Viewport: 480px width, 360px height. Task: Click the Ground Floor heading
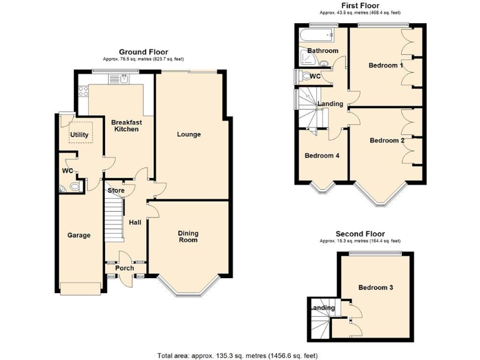(x=143, y=52)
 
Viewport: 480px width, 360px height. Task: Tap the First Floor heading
(x=360, y=5)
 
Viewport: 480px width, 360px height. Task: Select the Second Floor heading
(x=360, y=233)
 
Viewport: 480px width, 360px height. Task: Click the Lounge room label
(x=189, y=134)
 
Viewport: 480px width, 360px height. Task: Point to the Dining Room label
(x=188, y=237)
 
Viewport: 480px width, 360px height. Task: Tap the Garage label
(x=79, y=236)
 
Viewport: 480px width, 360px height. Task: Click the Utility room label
(x=79, y=134)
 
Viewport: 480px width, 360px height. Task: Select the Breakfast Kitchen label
(x=126, y=126)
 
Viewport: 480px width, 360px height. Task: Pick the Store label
(x=116, y=191)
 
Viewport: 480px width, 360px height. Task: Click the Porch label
(x=124, y=268)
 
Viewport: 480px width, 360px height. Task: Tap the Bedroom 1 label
(x=386, y=66)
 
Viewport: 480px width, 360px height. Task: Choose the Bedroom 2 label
(x=387, y=141)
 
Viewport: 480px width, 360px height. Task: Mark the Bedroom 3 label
(x=376, y=287)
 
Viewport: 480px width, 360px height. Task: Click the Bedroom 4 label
(x=322, y=156)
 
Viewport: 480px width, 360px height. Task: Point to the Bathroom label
(x=322, y=51)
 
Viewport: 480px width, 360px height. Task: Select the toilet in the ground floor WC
(x=75, y=187)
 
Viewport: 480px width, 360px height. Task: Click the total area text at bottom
(x=237, y=355)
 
